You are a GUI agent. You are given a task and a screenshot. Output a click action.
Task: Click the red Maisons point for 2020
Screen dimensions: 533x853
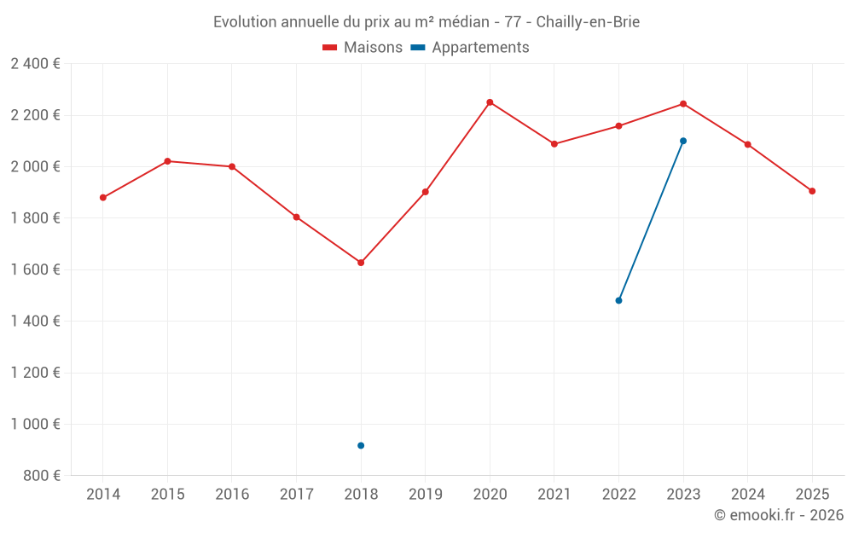point(490,102)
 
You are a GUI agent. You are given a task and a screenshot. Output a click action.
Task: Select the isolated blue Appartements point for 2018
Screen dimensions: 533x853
point(361,445)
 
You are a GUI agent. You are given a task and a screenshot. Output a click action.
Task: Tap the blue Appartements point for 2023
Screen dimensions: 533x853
point(683,141)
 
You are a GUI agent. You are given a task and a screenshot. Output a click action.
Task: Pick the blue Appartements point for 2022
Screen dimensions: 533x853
point(618,300)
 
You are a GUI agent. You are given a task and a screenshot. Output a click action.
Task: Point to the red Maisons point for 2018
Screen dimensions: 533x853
point(361,263)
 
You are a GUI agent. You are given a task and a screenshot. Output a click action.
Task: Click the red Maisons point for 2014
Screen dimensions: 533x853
point(103,198)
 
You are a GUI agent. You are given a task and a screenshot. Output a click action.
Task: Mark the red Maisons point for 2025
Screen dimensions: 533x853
point(812,191)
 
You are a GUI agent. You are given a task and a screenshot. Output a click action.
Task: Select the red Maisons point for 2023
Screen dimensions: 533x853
point(683,104)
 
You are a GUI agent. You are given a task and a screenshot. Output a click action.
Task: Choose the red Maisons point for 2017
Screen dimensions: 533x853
point(297,217)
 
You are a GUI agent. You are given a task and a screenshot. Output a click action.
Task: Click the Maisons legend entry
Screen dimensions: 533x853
point(363,48)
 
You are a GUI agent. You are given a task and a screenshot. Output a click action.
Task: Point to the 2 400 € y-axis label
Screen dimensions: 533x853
point(35,64)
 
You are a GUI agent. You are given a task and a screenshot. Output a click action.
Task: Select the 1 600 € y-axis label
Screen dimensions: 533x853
point(35,269)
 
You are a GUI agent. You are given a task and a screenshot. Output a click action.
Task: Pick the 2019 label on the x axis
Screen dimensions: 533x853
point(426,495)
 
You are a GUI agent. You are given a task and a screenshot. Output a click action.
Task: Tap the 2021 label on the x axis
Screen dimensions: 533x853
point(554,495)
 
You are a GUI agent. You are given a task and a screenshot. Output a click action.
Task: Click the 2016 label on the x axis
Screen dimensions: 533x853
point(232,495)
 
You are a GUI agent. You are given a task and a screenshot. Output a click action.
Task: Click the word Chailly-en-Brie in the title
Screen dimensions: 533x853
point(588,22)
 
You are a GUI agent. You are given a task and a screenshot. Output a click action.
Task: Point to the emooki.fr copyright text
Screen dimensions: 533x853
point(779,515)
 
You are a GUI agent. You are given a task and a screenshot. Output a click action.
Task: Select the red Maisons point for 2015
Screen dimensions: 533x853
point(167,161)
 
